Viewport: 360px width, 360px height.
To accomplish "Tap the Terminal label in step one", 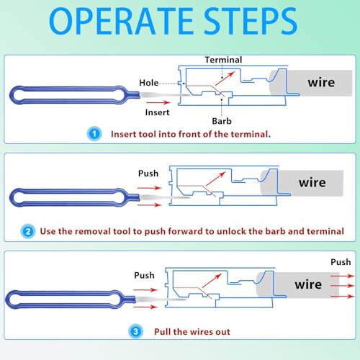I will point(223,60).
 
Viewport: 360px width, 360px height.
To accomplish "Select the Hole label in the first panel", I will point(149,84).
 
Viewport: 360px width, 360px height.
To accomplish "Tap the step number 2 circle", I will point(27,231).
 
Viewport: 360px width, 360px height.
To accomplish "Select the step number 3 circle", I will point(136,331).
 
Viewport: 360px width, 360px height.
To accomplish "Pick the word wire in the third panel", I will point(308,284).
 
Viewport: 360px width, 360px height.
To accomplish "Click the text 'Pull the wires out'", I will point(192,331).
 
